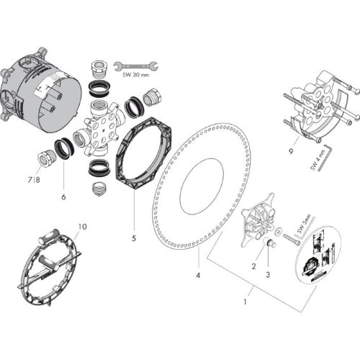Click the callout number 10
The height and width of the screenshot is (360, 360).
pyautogui.click(x=82, y=226)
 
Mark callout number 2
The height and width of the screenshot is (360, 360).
pyautogui.click(x=253, y=265)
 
